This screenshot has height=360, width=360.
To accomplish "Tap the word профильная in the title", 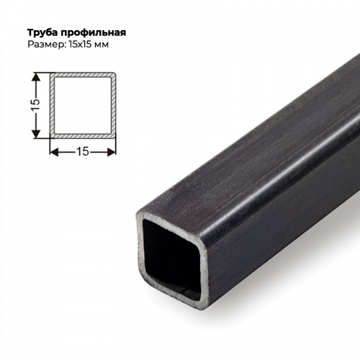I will (94, 32).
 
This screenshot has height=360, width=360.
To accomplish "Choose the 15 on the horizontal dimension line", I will (82, 151).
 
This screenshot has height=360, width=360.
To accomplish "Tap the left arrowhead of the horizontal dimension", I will (53, 151).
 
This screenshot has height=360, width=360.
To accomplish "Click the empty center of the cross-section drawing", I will (82, 104).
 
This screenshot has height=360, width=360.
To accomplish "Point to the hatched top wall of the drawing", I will (82, 73).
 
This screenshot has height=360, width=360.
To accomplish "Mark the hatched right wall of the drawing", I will (114, 104).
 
